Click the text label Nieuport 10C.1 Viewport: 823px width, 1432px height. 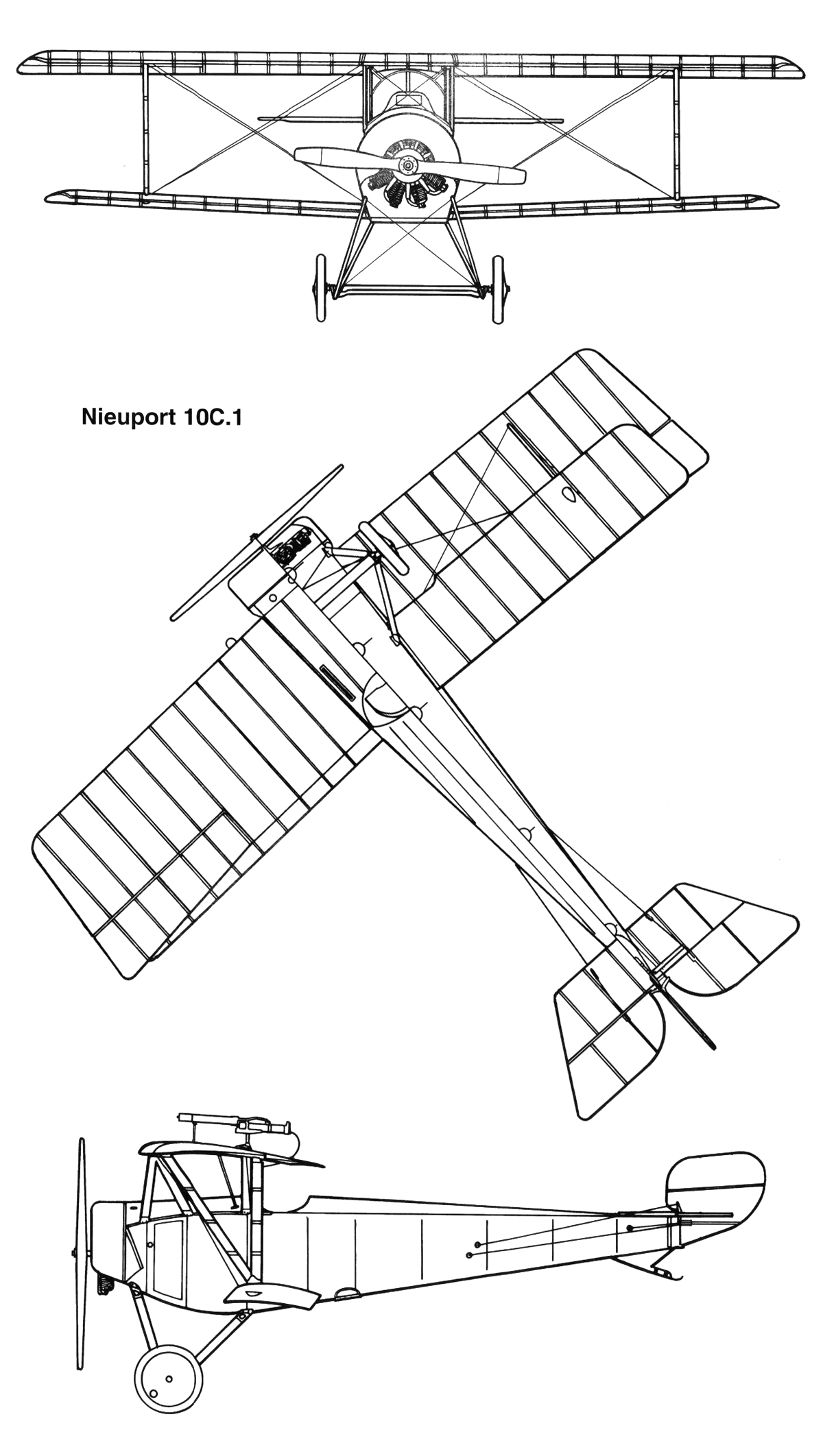(x=161, y=417)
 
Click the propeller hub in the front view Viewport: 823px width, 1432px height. (x=408, y=165)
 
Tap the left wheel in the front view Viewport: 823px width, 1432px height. (x=320, y=289)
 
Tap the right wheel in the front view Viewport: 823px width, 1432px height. (x=497, y=289)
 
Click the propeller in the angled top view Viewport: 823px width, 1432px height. (x=257, y=542)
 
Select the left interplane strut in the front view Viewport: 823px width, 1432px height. (x=145, y=130)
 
